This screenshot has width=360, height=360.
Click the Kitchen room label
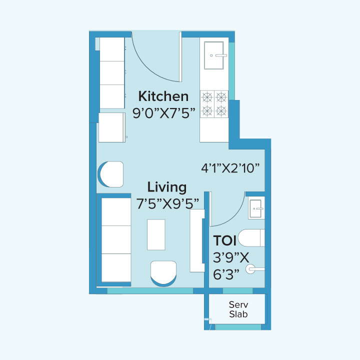point(163,96)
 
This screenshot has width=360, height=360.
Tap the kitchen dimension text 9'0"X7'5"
point(163,113)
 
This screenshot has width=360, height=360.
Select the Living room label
point(167,187)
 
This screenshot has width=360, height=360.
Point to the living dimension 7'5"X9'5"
point(167,203)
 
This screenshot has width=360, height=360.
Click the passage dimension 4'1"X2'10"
point(230,168)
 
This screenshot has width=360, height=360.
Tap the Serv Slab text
point(238,309)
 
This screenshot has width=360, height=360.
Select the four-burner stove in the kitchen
point(214,103)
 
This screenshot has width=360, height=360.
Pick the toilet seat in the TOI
point(251,238)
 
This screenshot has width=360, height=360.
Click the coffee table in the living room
point(156,234)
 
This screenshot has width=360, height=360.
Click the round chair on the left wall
point(111,174)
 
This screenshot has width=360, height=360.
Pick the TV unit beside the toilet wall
point(197,240)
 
